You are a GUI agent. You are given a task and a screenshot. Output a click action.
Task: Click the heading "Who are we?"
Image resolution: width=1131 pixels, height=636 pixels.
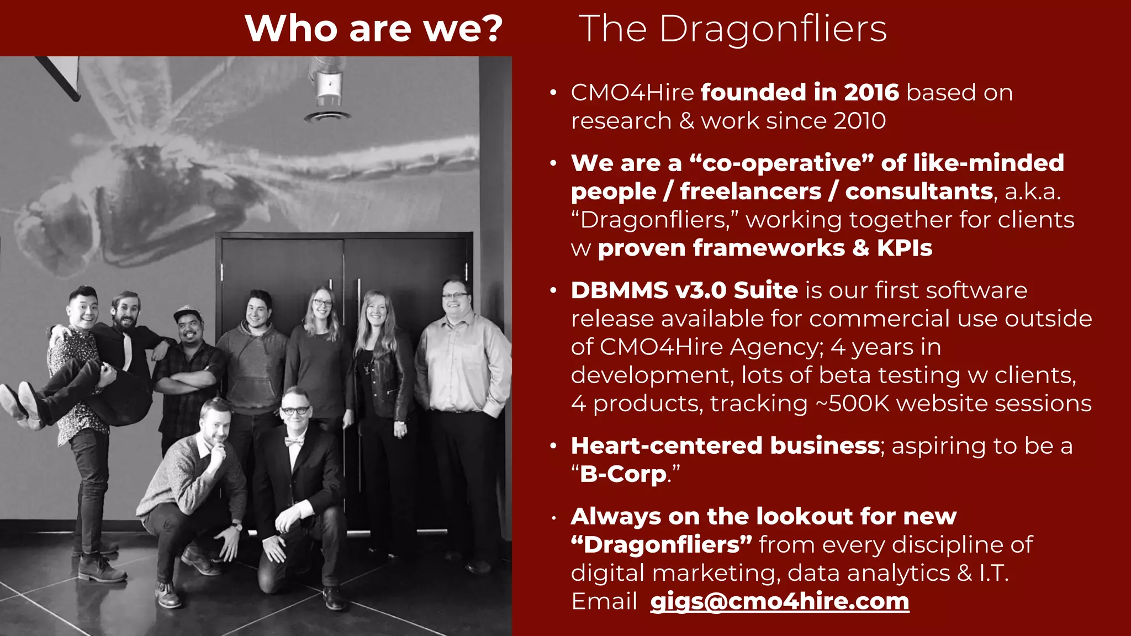[x=374, y=28]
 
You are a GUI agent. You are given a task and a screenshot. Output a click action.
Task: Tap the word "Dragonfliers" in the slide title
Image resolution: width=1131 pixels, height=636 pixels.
[x=773, y=28]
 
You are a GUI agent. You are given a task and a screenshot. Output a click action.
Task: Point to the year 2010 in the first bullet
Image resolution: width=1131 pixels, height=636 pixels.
[x=859, y=121]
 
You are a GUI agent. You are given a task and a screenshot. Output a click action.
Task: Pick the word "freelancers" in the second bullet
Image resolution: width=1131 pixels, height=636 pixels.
[x=751, y=191]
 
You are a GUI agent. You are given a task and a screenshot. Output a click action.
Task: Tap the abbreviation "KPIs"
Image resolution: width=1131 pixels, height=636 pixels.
[x=904, y=248]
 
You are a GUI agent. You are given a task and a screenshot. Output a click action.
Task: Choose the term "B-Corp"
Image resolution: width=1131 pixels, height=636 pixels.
[x=623, y=474]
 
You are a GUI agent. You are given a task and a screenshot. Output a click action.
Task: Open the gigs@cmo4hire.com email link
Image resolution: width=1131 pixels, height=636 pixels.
[x=779, y=601]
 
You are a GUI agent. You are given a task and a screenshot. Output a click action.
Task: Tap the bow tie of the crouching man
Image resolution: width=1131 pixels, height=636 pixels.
[x=294, y=442]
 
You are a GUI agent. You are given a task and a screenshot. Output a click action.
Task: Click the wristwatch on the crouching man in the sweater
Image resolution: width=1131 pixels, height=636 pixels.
[x=238, y=527]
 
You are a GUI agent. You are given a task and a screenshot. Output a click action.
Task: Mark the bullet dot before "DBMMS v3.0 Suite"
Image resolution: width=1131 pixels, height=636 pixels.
[x=553, y=291]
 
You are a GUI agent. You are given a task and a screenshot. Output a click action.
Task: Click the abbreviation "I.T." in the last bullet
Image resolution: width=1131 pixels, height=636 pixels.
[x=993, y=573]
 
